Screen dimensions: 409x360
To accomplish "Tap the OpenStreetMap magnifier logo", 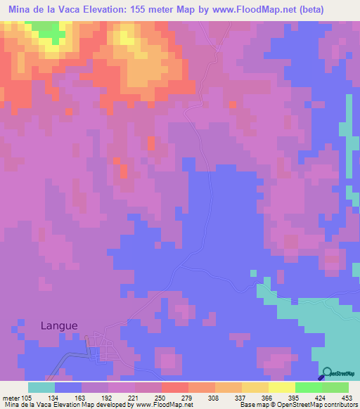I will [327, 374].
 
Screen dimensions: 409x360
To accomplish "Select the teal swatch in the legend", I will [41, 387].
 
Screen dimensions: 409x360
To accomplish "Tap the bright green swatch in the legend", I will [308, 387].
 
